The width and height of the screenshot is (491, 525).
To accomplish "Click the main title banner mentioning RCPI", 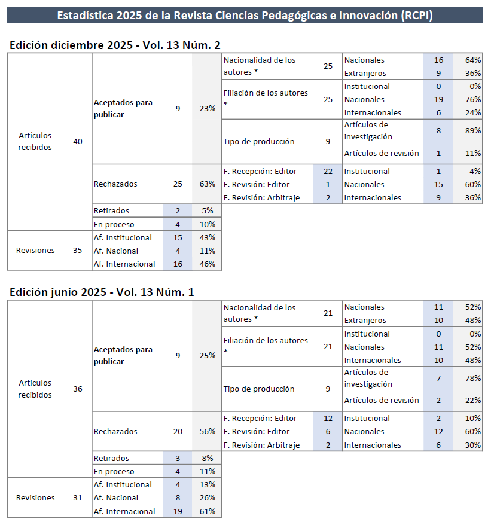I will point(245,15).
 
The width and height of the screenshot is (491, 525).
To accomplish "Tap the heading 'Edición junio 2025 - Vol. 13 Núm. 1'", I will point(102,292).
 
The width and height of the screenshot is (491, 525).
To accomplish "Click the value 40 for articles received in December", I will point(78,142).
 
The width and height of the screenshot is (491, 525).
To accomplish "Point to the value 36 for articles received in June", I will point(78,389).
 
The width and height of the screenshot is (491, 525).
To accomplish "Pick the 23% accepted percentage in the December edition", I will point(208,109).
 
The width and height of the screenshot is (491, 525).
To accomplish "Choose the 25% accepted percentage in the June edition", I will point(208,356).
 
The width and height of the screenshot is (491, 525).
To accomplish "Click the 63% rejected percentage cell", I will point(208,184).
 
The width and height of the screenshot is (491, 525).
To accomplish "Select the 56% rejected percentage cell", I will point(208,432).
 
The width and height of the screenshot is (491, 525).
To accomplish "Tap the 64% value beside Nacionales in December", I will point(473,60).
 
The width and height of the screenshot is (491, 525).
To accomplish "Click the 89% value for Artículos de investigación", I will point(473,131).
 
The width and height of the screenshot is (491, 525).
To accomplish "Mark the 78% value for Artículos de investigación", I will point(473,379).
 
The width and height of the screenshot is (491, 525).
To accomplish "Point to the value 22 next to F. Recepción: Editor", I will point(328,172).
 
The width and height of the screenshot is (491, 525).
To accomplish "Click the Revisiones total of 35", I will point(78,251).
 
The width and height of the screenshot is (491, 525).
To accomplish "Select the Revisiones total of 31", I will point(78,498).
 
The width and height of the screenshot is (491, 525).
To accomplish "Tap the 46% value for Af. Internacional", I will point(208,264).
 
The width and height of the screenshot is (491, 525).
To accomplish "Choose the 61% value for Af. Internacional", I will point(208,512).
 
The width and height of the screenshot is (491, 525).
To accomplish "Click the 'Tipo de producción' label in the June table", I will point(259,389).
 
